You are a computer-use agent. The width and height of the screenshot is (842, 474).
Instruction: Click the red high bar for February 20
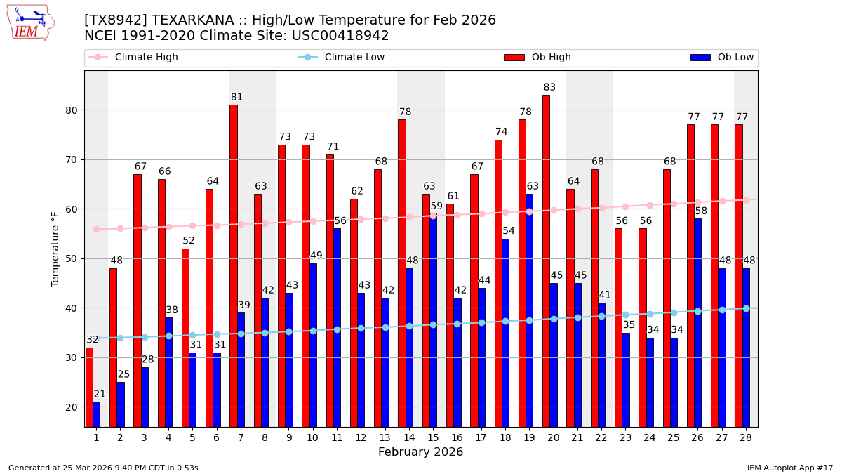546,260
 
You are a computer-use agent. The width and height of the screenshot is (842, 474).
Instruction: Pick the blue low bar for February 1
96,414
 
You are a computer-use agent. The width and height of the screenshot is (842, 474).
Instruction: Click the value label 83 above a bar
549,88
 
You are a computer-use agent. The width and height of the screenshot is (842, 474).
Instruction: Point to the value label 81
236,98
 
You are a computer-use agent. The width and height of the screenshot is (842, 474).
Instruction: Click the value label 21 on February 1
100,395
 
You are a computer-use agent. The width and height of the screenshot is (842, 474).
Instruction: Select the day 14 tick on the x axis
408,437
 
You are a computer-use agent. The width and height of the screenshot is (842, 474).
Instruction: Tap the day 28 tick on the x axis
745,437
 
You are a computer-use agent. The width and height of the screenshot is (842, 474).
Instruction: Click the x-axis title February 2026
420,452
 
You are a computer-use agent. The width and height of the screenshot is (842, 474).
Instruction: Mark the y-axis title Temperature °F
55,249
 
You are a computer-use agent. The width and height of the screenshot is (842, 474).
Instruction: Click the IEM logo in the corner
29,22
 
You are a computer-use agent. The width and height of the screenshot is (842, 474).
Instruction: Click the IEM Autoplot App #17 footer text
789,468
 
